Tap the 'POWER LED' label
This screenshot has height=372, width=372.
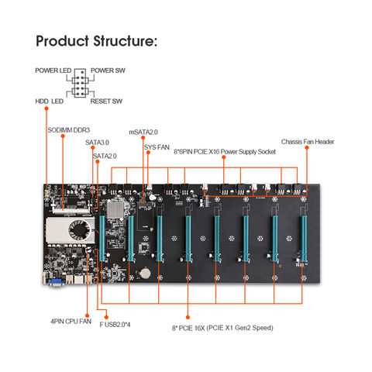[52, 71]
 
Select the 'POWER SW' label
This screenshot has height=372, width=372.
[108, 71]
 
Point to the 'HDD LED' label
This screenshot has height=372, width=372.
[50, 101]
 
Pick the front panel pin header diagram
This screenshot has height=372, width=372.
[79, 85]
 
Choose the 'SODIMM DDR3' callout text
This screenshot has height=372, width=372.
[71, 131]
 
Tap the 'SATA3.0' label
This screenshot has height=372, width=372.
[98, 143]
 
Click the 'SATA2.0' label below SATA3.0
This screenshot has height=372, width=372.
[105, 156]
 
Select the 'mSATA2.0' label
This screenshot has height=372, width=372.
[143, 132]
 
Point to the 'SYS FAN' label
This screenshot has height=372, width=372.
[156, 146]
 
